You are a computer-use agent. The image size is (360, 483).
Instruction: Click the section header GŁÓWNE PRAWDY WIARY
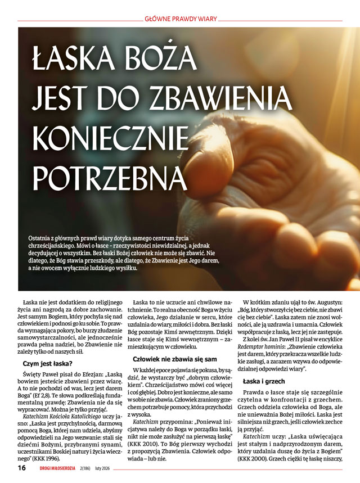[x=179, y=17]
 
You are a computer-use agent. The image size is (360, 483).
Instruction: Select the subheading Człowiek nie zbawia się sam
[x=174, y=358]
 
